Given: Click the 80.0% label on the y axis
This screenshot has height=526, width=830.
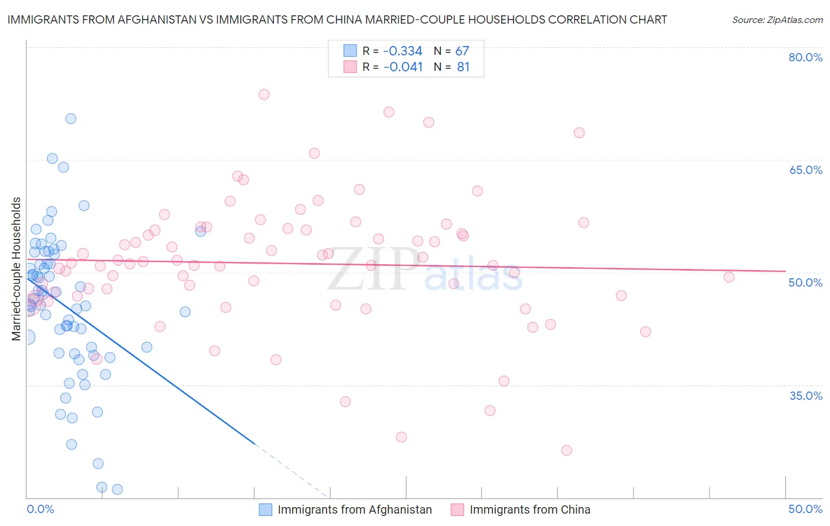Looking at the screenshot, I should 805,57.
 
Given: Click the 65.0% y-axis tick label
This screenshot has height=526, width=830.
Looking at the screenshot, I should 805,170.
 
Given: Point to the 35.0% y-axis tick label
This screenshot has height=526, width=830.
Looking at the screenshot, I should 805,396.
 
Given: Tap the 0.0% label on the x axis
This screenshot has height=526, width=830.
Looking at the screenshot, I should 40,509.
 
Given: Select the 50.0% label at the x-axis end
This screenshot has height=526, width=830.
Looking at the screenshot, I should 805,509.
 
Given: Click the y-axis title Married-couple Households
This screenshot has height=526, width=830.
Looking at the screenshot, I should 17,269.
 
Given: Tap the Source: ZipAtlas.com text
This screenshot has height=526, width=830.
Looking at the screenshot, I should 777,19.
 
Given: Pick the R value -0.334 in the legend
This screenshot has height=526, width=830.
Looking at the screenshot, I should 403,51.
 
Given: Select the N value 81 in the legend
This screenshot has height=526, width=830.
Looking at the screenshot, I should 463,67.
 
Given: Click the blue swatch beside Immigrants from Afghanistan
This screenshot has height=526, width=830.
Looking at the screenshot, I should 266,509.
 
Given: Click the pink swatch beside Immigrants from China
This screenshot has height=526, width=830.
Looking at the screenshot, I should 457,509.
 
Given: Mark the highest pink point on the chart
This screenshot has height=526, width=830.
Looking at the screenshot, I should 264,94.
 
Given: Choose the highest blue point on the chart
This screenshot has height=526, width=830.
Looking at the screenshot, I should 71,119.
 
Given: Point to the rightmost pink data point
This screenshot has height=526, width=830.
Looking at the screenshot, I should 729,277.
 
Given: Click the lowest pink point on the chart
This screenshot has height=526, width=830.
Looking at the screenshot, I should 567,451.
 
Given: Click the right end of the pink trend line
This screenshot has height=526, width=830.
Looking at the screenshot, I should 785,271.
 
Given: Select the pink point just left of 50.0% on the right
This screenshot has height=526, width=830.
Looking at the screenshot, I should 729,277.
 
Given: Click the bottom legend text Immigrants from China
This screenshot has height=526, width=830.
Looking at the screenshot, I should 530,509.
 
